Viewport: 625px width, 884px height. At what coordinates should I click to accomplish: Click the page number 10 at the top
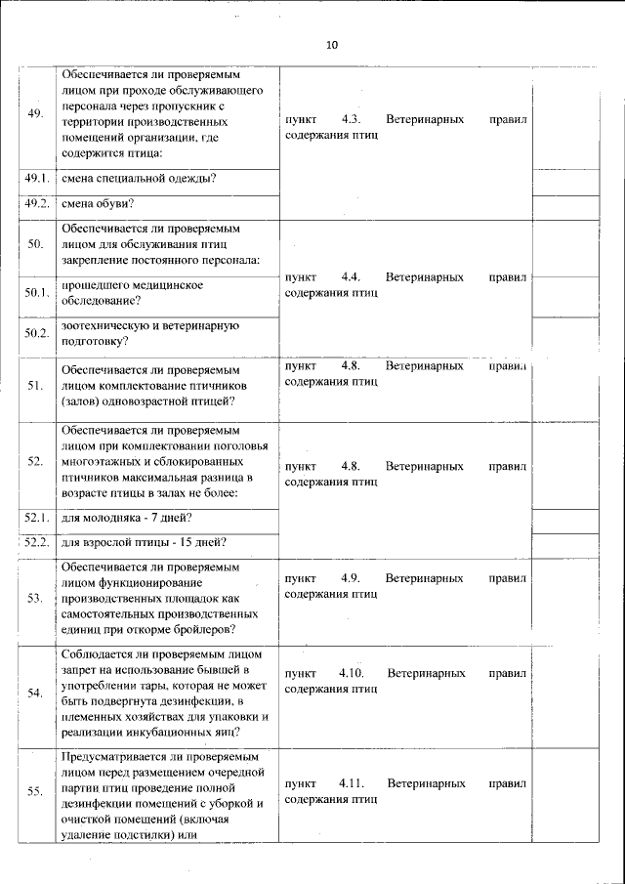pyautogui.click(x=332, y=46)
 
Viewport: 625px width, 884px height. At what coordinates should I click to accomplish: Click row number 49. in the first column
pyautogui.click(x=36, y=114)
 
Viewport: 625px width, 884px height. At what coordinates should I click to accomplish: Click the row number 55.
pyautogui.click(x=36, y=791)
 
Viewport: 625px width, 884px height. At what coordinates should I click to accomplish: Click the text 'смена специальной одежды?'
pyautogui.click(x=139, y=178)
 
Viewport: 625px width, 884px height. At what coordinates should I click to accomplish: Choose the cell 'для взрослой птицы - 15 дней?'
pyautogui.click(x=144, y=542)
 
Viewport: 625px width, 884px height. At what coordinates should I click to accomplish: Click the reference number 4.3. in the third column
pyautogui.click(x=351, y=119)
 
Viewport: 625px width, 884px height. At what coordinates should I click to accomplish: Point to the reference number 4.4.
pyautogui.click(x=351, y=277)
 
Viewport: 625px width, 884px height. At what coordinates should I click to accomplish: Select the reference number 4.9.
pyautogui.click(x=351, y=578)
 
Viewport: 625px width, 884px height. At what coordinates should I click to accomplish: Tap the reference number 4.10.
pyautogui.click(x=351, y=673)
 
